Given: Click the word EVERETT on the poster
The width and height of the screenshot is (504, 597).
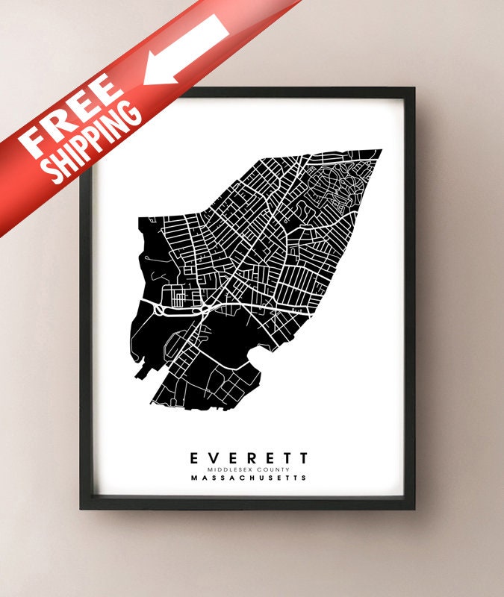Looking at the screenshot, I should point(248,457).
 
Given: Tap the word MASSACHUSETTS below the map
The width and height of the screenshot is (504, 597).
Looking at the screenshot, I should point(248,478).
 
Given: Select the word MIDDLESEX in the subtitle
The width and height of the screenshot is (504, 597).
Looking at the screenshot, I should point(233,469).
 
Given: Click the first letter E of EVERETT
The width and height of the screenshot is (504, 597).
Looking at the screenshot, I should point(194,457).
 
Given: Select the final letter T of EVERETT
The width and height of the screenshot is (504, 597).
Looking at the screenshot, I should point(302,457).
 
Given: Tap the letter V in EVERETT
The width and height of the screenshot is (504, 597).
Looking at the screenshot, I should point(212,457).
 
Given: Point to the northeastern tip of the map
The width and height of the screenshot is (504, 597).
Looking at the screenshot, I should point(381,151).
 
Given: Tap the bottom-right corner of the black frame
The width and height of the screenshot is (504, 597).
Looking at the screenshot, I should point(413,507).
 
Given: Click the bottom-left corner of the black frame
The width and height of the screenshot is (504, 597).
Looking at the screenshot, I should point(82,507).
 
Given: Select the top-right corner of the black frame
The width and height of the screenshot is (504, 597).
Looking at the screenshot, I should point(413,90).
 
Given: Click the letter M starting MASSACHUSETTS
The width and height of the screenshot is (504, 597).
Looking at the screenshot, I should point(194,478).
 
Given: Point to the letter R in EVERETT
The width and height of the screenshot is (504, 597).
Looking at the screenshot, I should point(248,457).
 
